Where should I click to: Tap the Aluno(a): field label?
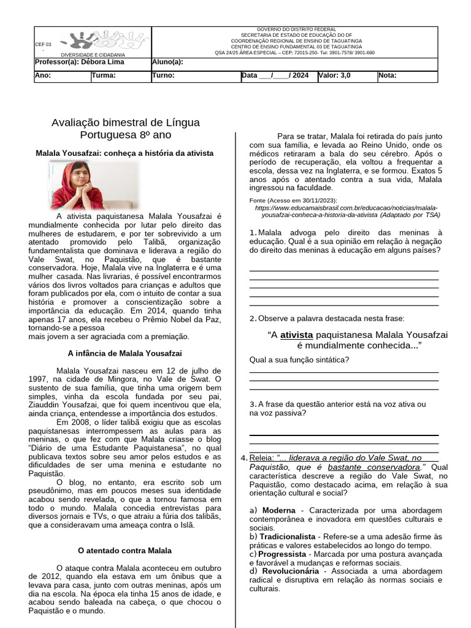point(167,62)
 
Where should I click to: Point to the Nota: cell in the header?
point(388,76)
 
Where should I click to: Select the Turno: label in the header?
point(163,76)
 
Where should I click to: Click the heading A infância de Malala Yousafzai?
point(124,353)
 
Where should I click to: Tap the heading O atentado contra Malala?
point(125,551)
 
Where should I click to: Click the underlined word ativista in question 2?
point(297,335)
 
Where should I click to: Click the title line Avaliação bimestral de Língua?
point(126,123)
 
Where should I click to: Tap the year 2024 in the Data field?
point(301,76)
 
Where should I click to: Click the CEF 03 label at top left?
point(44,45)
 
